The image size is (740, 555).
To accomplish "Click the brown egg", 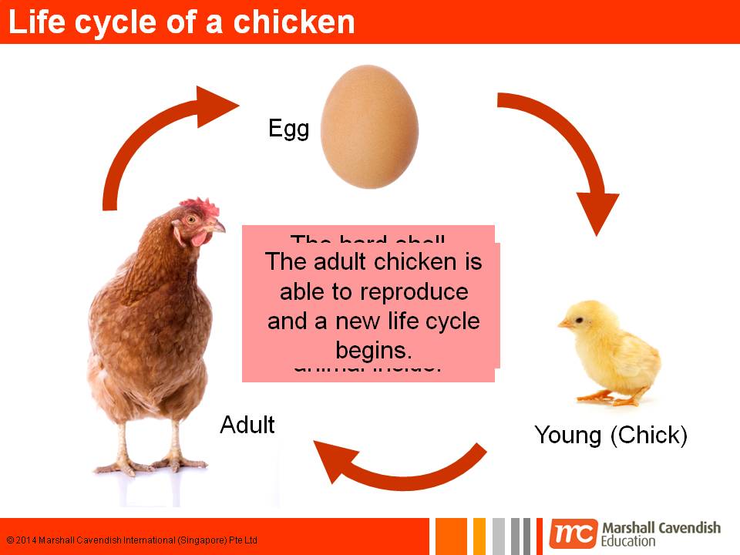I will [x=369, y=126].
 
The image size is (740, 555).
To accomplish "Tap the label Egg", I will [x=288, y=128].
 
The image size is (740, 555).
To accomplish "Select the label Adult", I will [x=247, y=425].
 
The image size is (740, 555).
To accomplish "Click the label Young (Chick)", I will [x=610, y=436].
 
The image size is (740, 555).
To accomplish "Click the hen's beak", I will [x=217, y=227].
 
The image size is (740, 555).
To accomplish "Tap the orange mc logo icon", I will [x=573, y=534].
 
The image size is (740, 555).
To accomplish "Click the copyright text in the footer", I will [x=132, y=540].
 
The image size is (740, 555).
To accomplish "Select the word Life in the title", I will [x=37, y=22].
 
